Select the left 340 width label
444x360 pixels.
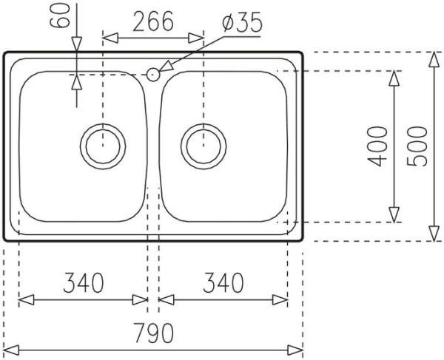(x=83, y=282)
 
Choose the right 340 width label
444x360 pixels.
(x=223, y=282)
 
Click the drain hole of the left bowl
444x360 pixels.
(x=101, y=144)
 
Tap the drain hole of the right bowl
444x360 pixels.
(x=202, y=144)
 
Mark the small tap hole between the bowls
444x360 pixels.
(x=153, y=73)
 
